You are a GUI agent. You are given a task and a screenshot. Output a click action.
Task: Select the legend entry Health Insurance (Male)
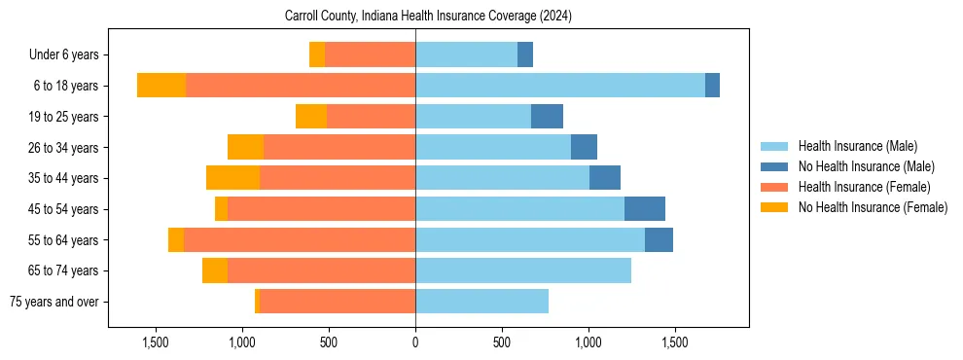(x=857, y=146)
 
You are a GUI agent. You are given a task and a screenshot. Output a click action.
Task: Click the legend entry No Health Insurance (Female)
(x=873, y=207)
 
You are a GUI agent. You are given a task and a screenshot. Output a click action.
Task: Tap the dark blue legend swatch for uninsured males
(x=775, y=166)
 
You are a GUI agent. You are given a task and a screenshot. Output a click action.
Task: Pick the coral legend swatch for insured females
(x=775, y=187)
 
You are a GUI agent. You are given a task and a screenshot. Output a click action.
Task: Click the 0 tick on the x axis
(x=415, y=342)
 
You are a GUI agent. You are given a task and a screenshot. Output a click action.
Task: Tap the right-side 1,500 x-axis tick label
(x=675, y=342)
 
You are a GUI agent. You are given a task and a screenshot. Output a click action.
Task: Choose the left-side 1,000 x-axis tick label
(x=241, y=342)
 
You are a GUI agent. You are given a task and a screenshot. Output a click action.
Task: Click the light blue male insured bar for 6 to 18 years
(x=559, y=86)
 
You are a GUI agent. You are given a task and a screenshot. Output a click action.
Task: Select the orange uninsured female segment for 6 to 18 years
(x=161, y=86)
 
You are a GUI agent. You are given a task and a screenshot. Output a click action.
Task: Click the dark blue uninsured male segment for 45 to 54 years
(x=645, y=208)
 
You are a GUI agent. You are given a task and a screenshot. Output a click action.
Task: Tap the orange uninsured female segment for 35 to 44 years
(x=232, y=178)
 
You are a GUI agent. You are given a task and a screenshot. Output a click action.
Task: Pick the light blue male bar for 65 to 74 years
(x=523, y=270)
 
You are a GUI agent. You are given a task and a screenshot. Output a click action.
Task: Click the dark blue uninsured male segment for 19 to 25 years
(x=547, y=117)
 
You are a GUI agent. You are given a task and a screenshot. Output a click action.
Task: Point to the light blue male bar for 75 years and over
(x=481, y=302)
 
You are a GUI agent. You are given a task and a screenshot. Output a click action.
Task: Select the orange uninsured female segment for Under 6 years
(x=317, y=54)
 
